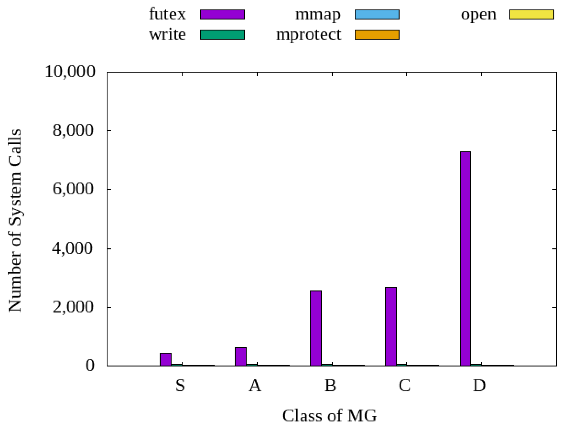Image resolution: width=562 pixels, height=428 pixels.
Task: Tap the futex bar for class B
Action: (316, 328)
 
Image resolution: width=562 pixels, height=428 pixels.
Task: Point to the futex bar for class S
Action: (166, 359)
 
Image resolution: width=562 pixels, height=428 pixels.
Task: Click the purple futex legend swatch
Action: (222, 15)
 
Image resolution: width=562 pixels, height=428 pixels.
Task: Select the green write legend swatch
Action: (222, 35)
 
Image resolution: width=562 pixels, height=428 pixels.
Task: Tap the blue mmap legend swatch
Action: (377, 15)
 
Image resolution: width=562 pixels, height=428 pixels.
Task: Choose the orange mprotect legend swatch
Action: (377, 35)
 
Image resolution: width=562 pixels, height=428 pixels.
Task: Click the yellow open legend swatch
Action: (532, 15)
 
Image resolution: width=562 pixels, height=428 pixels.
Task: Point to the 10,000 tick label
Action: (70, 72)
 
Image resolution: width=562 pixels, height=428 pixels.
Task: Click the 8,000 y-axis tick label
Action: (73, 130)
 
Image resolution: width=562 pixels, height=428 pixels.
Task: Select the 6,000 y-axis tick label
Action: (73, 189)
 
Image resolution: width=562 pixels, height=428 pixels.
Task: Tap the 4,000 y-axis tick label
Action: (73, 248)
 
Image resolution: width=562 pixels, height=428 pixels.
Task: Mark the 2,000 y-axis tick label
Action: (73, 307)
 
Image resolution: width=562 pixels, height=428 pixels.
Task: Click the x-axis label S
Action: (180, 385)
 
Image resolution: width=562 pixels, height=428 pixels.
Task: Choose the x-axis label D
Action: (479, 385)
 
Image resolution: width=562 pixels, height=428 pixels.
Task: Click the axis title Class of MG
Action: (330, 416)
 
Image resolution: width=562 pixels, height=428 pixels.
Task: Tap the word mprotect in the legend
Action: (309, 35)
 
